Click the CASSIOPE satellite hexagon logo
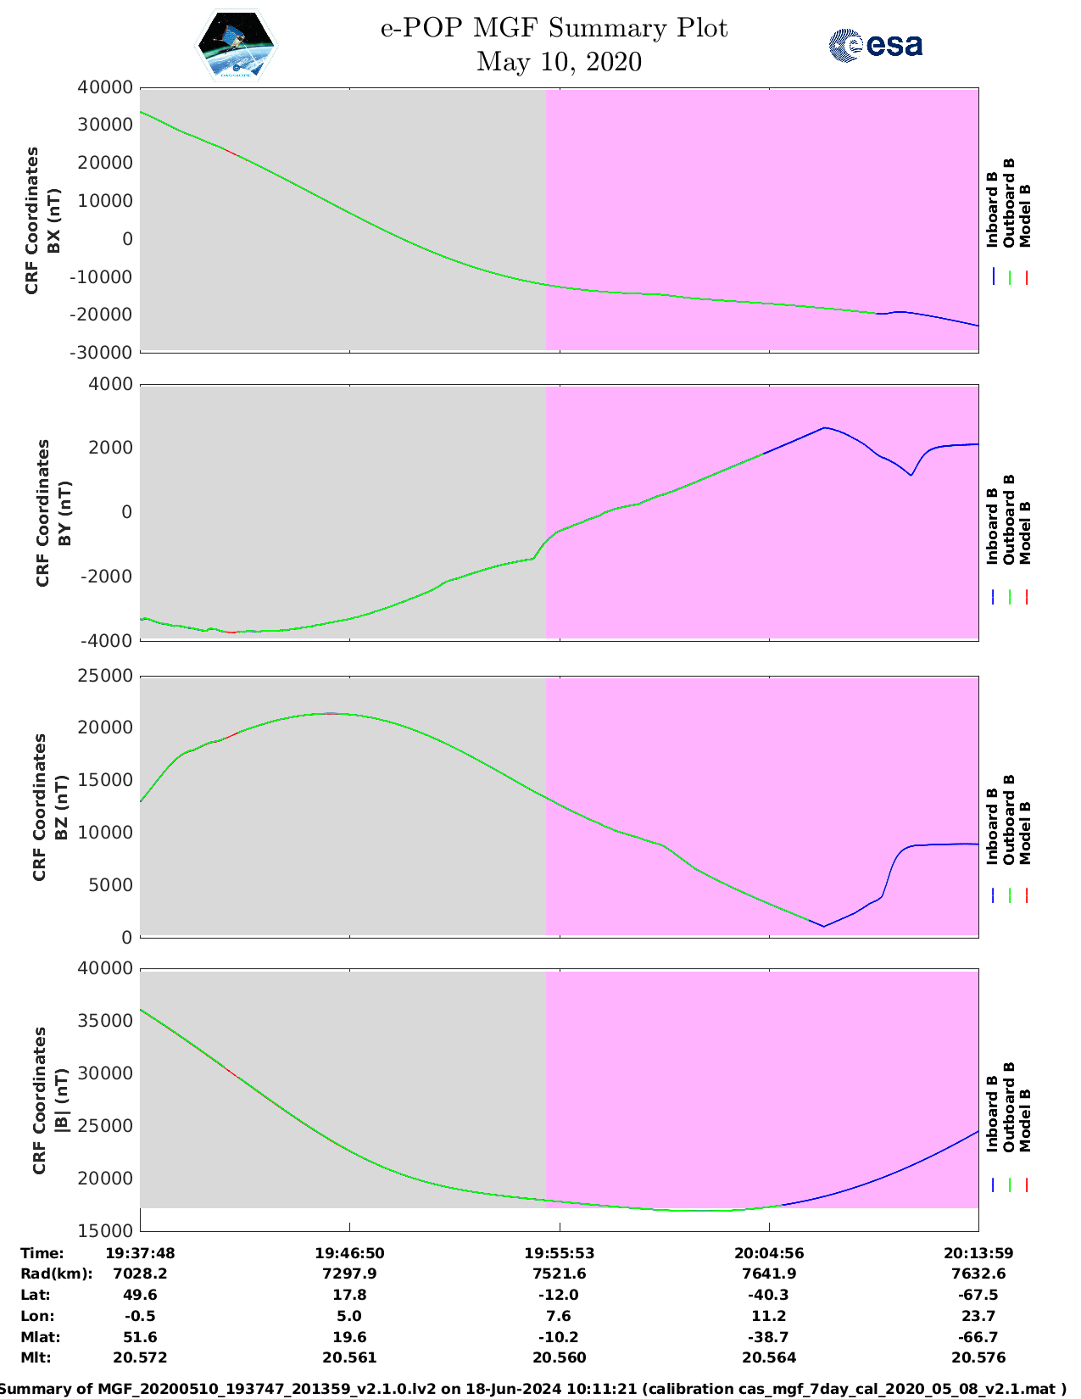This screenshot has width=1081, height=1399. point(237,45)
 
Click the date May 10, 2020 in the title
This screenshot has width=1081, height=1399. point(559,62)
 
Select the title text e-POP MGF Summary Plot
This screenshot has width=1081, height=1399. point(554,28)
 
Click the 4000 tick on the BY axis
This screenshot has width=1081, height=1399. point(111,384)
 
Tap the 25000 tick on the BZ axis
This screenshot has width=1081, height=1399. point(105,676)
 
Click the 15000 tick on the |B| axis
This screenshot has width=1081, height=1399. point(105,1230)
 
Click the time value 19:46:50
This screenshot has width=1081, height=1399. point(349,1253)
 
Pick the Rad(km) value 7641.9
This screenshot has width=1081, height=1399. point(769,1274)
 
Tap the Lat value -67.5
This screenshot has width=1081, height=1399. point(978,1295)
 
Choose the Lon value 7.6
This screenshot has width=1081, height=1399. point(559,1316)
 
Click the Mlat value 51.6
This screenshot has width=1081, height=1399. point(141,1337)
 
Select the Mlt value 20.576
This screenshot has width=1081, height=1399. point(978,1357)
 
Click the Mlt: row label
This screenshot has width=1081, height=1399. point(36,1357)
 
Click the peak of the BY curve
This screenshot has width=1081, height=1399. point(825,426)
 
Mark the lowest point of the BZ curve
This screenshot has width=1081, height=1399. point(824,927)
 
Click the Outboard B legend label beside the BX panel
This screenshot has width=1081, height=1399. point(1008,202)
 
